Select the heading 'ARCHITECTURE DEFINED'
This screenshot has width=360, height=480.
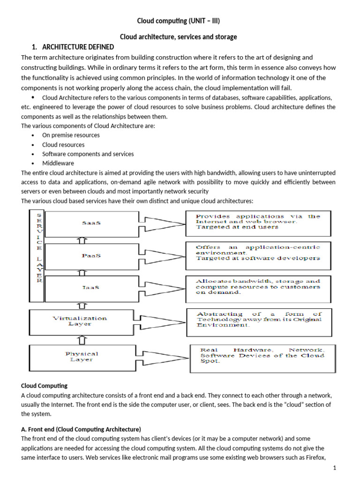tap(78, 47)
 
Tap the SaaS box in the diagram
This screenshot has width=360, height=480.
tap(91, 223)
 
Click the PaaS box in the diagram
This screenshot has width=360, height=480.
tap(91, 256)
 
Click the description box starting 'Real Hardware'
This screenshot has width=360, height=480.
tap(262, 356)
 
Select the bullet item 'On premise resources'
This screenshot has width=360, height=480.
tap(71, 135)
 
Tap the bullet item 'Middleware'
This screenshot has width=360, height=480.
tap(58, 163)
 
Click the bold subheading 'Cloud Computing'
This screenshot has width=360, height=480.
tap(45, 386)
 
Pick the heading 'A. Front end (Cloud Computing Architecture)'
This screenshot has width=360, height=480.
tap(81, 429)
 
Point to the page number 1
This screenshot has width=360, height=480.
tap(335, 468)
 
